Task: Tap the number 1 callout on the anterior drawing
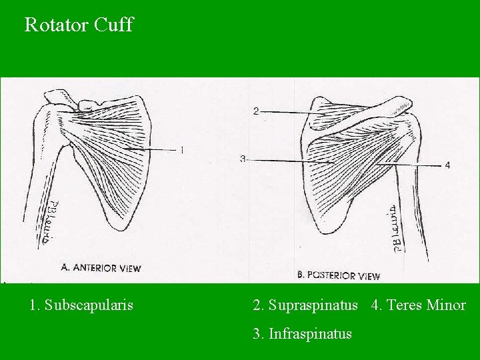pos(181,150)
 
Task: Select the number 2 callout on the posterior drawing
pos(256,111)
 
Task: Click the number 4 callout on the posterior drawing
pos(447,165)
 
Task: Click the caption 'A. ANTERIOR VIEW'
pos(101,268)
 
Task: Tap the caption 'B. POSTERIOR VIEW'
pos(338,275)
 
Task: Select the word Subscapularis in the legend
pos(89,305)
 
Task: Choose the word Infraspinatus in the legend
pos(310,333)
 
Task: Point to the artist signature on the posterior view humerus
pos(397,229)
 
